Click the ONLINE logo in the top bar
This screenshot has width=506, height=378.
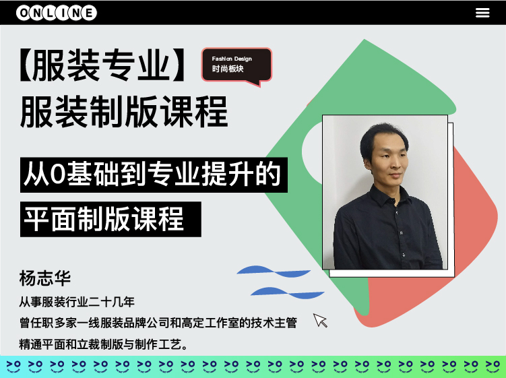click(57, 13)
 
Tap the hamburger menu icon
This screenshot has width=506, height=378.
click(482, 13)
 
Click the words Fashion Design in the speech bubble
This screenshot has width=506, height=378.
click(232, 59)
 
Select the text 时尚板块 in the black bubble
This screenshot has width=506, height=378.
click(228, 69)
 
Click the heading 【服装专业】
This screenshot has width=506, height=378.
click(102, 65)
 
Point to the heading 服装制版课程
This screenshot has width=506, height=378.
click(124, 111)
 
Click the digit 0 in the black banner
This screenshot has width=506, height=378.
click(58, 175)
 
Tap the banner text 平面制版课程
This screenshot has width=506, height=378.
click(104, 219)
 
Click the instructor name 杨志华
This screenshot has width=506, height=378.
click(45, 278)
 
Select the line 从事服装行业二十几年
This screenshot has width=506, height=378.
click(77, 302)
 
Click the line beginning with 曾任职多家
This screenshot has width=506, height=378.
click(158, 323)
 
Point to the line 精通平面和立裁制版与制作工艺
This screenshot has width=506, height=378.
click(104, 344)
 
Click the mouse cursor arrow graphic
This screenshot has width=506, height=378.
click(320, 320)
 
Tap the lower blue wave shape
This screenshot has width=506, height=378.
click(288, 293)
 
